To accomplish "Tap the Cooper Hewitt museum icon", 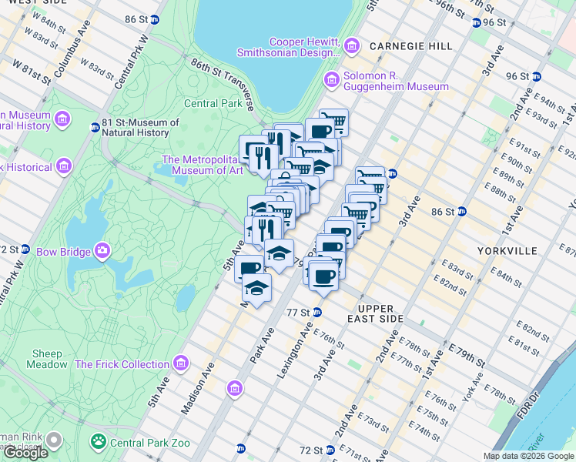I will tap(352, 46).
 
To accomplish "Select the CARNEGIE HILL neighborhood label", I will tap(410, 46).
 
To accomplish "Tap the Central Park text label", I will tap(213, 103).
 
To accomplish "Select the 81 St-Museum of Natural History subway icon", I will tap(95, 127).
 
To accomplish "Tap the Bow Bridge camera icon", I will tap(102, 250).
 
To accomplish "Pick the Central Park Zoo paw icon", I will tap(99, 441).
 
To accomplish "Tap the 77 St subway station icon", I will tap(316, 312).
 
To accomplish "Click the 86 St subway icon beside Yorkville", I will tap(462, 211).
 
